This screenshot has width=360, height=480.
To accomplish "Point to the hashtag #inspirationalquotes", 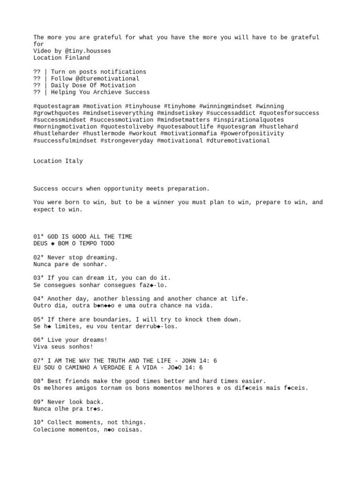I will pyautogui.click(x=248, y=120).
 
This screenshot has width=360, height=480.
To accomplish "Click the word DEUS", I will pyautogui.click(x=40, y=244).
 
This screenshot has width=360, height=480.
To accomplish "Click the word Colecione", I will pyautogui.click(x=49, y=429).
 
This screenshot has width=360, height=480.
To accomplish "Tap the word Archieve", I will pyautogui.click(x=107, y=92).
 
